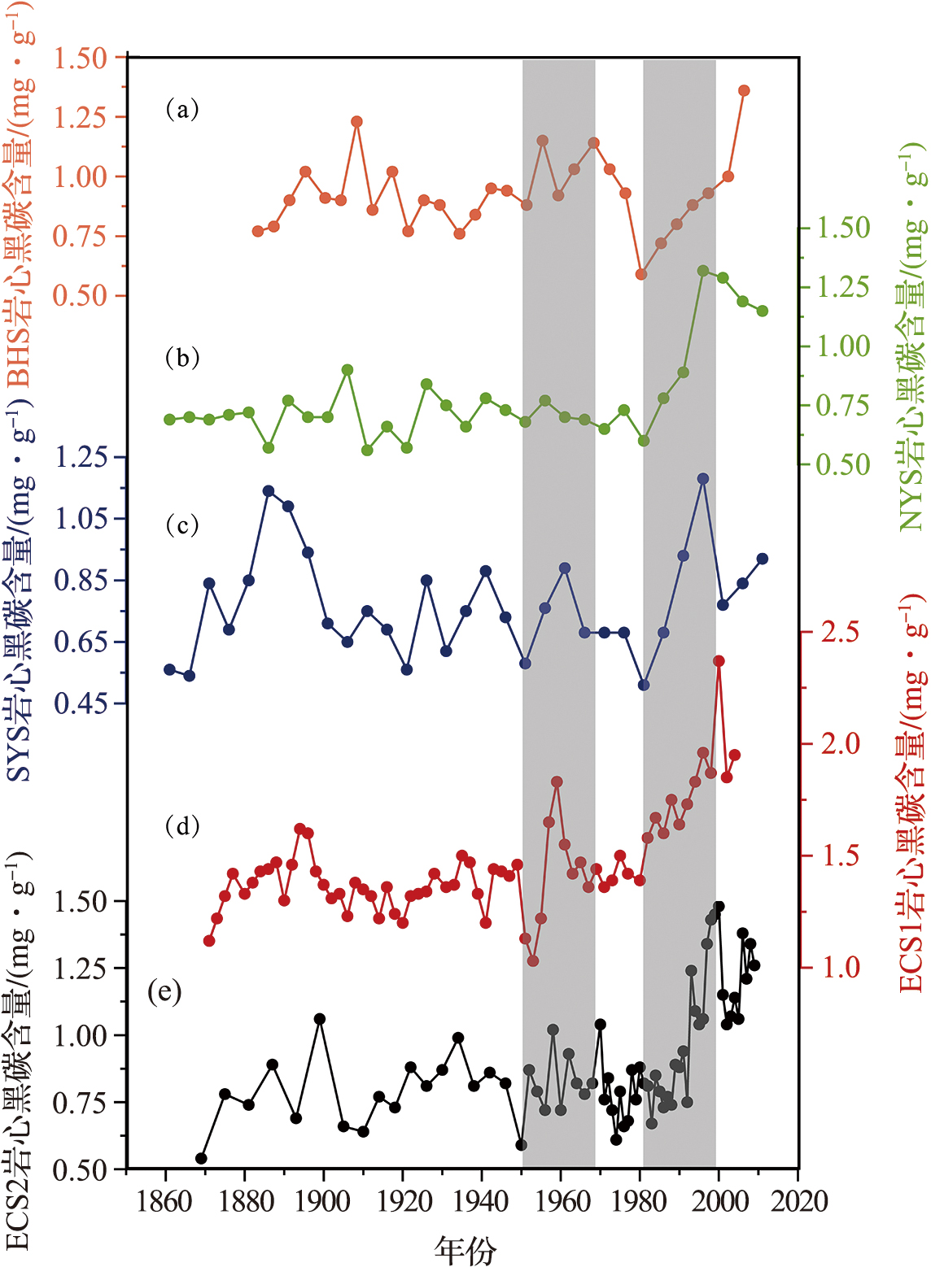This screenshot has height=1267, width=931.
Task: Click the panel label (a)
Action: click(x=182, y=109)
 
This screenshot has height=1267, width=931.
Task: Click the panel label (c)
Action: click(x=182, y=525)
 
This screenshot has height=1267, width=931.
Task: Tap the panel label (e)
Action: click(x=164, y=992)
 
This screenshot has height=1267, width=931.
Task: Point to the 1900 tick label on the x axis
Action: click(x=323, y=1201)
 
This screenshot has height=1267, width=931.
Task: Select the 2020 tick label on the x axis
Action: click(x=798, y=1201)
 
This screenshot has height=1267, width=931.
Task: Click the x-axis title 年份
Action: click(x=465, y=1249)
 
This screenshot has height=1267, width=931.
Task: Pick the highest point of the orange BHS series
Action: click(x=744, y=90)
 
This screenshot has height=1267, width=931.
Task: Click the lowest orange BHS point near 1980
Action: click(x=641, y=274)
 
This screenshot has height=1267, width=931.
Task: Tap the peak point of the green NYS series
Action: click(x=703, y=271)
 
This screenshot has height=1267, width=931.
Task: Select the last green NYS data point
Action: click(x=763, y=311)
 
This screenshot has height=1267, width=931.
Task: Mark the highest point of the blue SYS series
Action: click(x=703, y=479)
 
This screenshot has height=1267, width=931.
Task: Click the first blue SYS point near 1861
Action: click(x=169, y=669)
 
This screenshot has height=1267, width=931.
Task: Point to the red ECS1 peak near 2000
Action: click(x=719, y=661)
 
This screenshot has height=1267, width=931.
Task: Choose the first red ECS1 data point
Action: click(x=209, y=941)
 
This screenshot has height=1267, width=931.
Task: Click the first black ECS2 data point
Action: click(x=201, y=1158)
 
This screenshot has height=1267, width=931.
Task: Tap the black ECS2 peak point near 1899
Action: click(x=320, y=1019)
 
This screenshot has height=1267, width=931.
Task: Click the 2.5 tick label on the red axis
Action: click(x=840, y=632)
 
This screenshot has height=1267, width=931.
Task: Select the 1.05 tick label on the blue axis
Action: click(x=81, y=518)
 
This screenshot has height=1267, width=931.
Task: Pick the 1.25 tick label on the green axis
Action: click(x=843, y=286)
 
